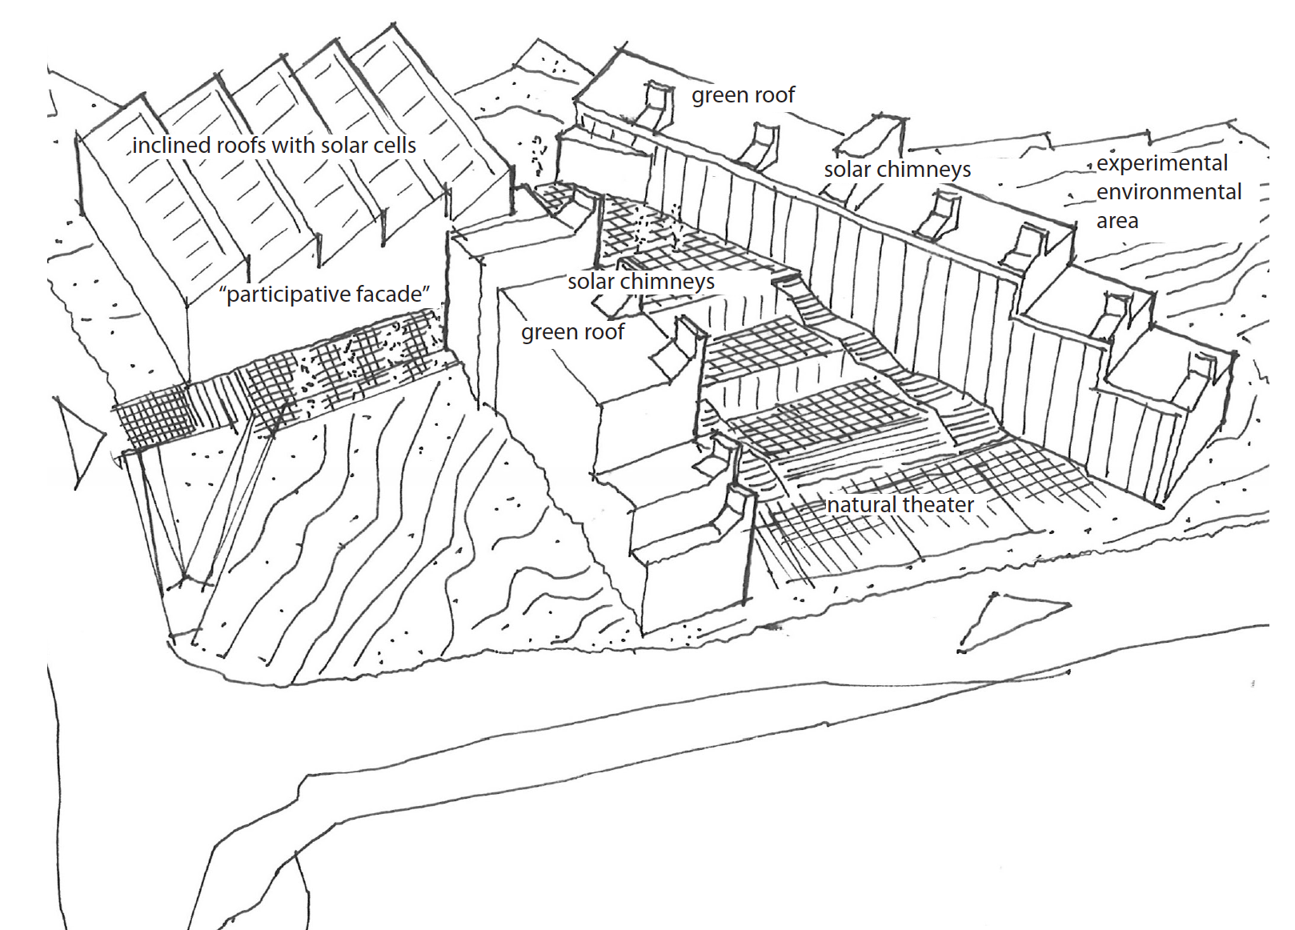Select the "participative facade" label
point(325,295)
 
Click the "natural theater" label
point(900,504)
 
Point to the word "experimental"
point(1162,163)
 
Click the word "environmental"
point(1169,192)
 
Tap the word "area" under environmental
point(1117,221)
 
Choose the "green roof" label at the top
point(743,95)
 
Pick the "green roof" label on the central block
point(573,332)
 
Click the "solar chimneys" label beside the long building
point(897,170)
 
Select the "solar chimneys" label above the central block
point(641,282)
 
